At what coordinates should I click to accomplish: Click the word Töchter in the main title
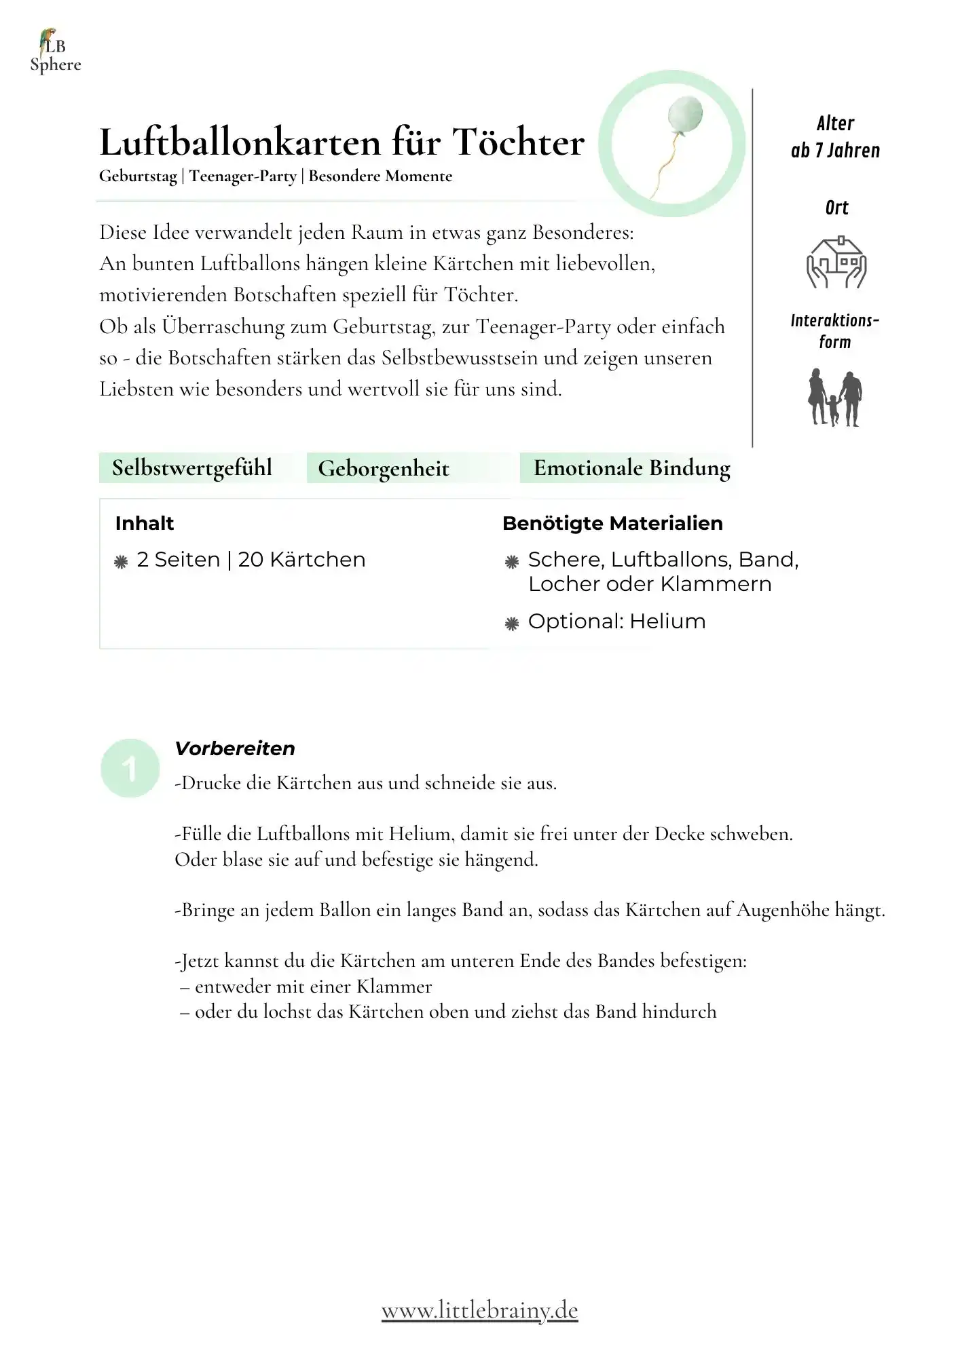518,142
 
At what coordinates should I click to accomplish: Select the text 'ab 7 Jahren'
835,151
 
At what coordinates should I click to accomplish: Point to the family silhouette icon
835,398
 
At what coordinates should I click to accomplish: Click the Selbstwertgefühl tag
192,468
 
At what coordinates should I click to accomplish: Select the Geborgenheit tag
384,469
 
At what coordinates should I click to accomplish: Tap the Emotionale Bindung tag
631,468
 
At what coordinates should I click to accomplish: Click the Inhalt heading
145,523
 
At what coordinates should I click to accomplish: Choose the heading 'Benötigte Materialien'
612,523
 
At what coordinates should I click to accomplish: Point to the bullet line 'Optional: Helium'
616,622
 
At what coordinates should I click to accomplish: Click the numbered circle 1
130,768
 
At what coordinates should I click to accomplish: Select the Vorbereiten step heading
235,748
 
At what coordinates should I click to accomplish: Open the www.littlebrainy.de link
479,1310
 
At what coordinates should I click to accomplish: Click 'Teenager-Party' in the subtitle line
243,176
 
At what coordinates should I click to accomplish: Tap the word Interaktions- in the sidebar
834,320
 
